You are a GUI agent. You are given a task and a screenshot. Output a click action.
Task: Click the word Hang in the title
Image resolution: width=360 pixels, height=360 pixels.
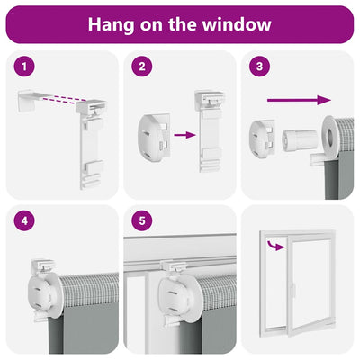click(111, 25)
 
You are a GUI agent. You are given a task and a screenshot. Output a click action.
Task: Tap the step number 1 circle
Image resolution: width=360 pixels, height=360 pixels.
click(24, 67)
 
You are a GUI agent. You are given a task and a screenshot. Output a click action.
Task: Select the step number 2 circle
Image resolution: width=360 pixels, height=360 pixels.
click(142, 67)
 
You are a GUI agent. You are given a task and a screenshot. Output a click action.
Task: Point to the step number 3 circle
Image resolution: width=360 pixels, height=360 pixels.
click(260, 67)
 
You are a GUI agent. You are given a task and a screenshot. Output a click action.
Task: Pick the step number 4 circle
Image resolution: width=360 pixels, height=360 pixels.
click(24, 220)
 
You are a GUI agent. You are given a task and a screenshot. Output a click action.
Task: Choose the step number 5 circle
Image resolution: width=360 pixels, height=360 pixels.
click(142, 220)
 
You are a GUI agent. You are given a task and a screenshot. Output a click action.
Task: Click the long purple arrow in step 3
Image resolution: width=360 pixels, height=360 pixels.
click(299, 100)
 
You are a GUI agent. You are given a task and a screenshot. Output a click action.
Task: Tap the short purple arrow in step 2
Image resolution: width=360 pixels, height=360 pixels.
click(184, 135)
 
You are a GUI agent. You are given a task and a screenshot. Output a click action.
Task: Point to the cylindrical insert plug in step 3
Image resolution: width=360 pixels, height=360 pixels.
click(300, 139)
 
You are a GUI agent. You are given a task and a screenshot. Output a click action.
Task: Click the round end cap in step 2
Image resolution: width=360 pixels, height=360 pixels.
click(154, 137)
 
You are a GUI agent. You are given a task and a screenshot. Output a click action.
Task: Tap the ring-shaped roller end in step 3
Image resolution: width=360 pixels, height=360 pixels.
click(330, 137)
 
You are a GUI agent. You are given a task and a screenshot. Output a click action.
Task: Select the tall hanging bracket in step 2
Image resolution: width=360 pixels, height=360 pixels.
click(209, 130)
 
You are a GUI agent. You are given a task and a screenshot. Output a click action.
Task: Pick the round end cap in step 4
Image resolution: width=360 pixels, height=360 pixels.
click(43, 295)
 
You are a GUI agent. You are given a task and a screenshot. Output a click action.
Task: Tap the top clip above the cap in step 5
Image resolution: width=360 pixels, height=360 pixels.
click(175, 266)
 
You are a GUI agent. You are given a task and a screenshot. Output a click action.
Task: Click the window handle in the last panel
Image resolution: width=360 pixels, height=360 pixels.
click(293, 290)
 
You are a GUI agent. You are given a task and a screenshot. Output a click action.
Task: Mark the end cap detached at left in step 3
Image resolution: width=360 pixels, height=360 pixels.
click(262, 138)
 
